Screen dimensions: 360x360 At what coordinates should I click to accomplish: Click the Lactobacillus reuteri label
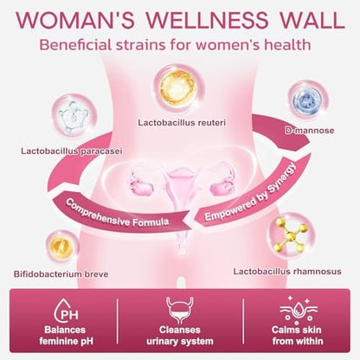(182, 123)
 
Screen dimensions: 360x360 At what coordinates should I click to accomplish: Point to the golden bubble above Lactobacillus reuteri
(178, 87)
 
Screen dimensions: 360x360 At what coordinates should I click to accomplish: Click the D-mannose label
(310, 131)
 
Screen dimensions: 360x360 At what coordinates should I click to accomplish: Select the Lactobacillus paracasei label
(72, 151)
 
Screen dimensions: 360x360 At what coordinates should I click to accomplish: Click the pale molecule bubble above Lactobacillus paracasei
(74, 116)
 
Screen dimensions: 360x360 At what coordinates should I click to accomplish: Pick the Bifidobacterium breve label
(61, 274)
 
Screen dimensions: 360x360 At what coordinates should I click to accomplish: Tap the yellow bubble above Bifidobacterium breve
(62, 247)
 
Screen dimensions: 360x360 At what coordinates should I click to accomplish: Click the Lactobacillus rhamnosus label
(287, 272)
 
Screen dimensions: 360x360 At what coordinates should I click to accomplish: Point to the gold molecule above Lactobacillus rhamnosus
(291, 236)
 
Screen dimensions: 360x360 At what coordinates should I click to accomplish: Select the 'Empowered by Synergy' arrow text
(250, 192)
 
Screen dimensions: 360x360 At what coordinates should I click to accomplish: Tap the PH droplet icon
(66, 311)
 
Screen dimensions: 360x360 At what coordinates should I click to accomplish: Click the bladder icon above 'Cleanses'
(180, 311)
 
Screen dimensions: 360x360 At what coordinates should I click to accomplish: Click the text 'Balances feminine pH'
(66, 336)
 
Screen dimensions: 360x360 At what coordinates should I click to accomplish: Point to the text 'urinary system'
(180, 342)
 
